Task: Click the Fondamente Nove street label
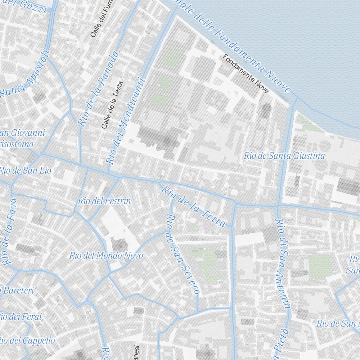click(x=246, y=74)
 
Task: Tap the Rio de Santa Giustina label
click(x=284, y=156)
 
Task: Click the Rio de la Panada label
click(x=98, y=89)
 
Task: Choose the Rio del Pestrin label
click(x=104, y=201)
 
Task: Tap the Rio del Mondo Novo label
click(x=106, y=256)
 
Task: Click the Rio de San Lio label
click(x=25, y=170)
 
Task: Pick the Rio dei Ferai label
click(x=20, y=317)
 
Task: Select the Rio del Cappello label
click(x=27, y=340)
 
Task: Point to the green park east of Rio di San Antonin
click(x=320, y=266)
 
